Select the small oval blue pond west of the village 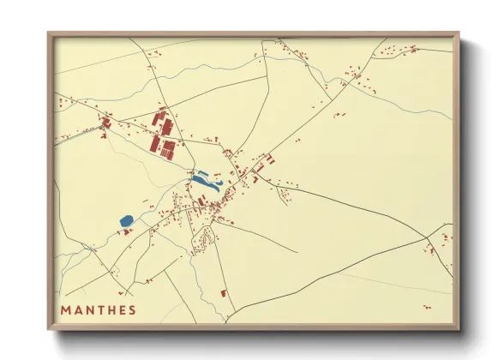[127, 221]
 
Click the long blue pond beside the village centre [207, 182]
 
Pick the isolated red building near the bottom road [225, 293]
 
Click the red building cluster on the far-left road [105, 124]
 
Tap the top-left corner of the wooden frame [49, 34]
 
